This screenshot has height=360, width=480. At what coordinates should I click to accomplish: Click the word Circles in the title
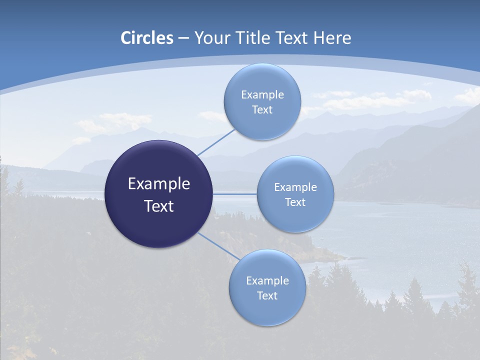coord(147,38)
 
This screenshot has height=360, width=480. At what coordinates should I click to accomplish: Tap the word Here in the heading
coord(332,38)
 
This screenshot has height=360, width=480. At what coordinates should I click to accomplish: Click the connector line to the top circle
coord(216,142)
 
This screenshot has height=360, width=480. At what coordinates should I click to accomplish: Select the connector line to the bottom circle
coord(218,246)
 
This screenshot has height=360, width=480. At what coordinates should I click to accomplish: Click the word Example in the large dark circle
coord(158,184)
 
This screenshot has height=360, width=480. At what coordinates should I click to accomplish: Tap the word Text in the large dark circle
coord(158,206)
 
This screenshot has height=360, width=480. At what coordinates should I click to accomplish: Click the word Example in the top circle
coord(262,95)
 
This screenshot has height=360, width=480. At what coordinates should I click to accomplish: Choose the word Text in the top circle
coord(262,110)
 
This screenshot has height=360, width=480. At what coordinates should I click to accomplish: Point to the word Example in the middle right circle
coord(295,187)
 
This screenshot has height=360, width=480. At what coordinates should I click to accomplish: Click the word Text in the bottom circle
coord(267,296)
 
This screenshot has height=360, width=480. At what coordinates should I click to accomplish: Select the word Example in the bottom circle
coord(267,281)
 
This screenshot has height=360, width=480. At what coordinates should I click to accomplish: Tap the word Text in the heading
coord(291,38)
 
